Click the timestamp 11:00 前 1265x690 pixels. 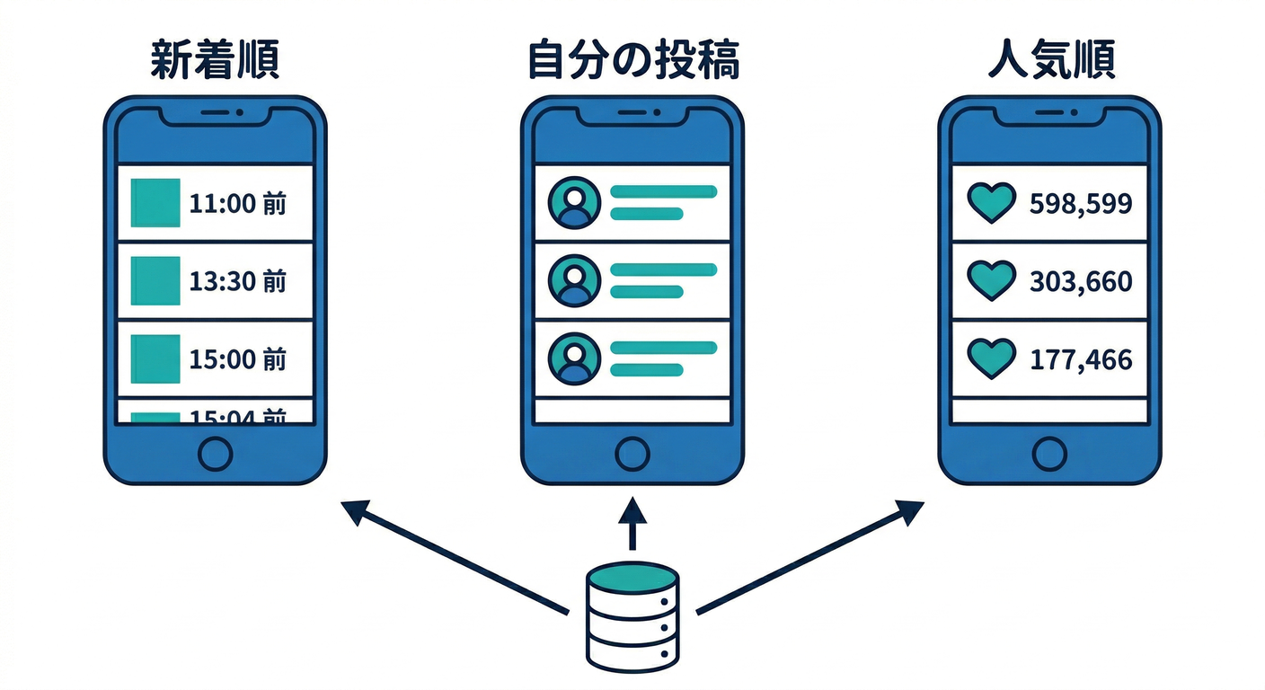tap(238, 204)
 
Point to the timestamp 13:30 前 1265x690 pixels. tap(238, 282)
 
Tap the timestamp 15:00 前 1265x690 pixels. tap(238, 360)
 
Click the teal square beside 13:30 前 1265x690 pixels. tap(155, 281)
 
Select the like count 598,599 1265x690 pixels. tap(1081, 204)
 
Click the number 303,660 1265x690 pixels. tap(1081, 282)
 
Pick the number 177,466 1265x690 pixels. tap(1081, 360)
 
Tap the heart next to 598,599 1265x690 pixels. tap(990, 203)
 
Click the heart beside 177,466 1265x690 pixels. tap(990, 359)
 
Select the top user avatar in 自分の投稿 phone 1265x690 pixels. tap(573, 203)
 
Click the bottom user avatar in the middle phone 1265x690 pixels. tap(573, 358)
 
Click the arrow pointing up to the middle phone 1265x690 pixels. tap(632, 525)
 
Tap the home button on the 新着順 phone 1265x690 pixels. tap(215, 454)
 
